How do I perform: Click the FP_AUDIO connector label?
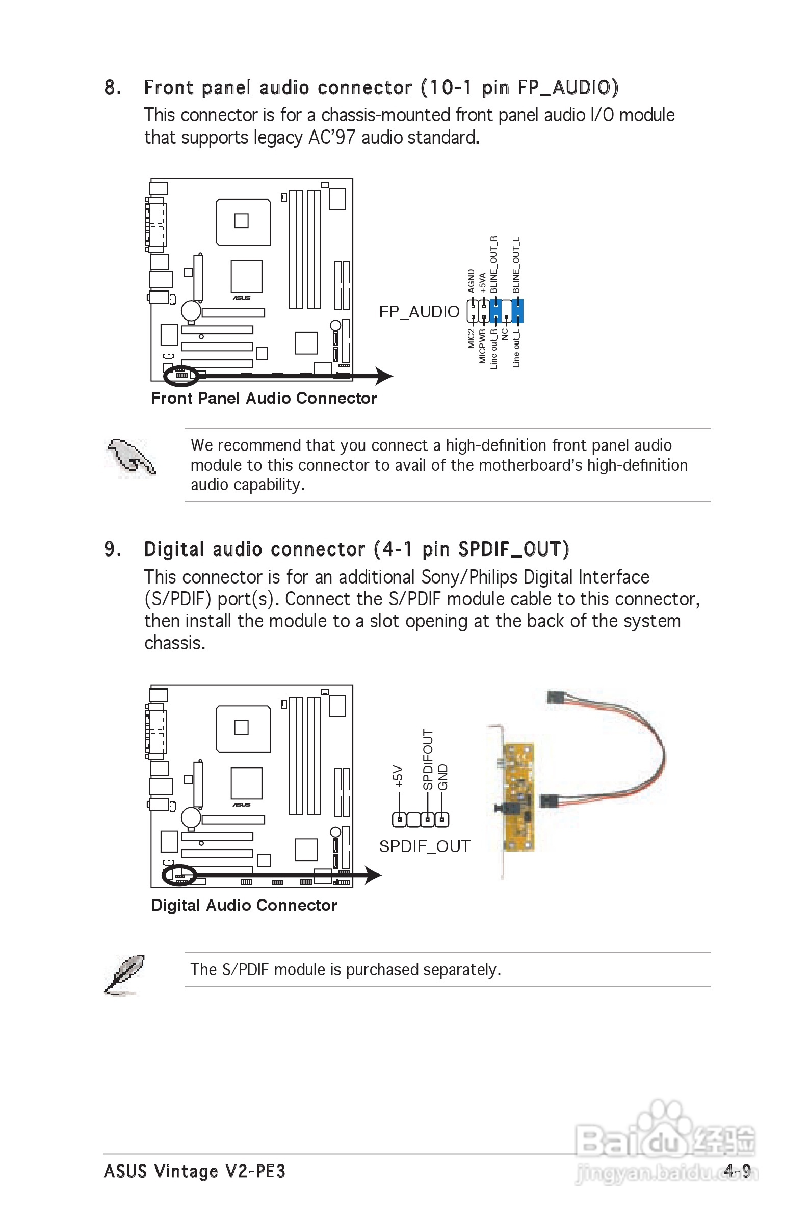coord(419,312)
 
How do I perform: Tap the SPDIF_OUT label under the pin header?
coord(425,846)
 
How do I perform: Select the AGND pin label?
coord(471,280)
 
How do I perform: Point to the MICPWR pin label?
coord(482,346)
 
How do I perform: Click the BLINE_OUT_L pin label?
coord(516,265)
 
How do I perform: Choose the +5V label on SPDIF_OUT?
coord(398,776)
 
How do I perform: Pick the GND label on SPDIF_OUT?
coord(442,777)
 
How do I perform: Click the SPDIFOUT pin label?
coord(428,759)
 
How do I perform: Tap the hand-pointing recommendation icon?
coord(130,458)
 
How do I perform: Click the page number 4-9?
coord(737,1171)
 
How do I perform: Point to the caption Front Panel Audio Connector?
coord(264,398)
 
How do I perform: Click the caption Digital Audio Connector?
coord(244,905)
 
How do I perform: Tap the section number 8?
coord(112,88)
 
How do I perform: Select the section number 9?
coord(112,549)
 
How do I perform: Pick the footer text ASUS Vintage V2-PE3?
coord(195,1171)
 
